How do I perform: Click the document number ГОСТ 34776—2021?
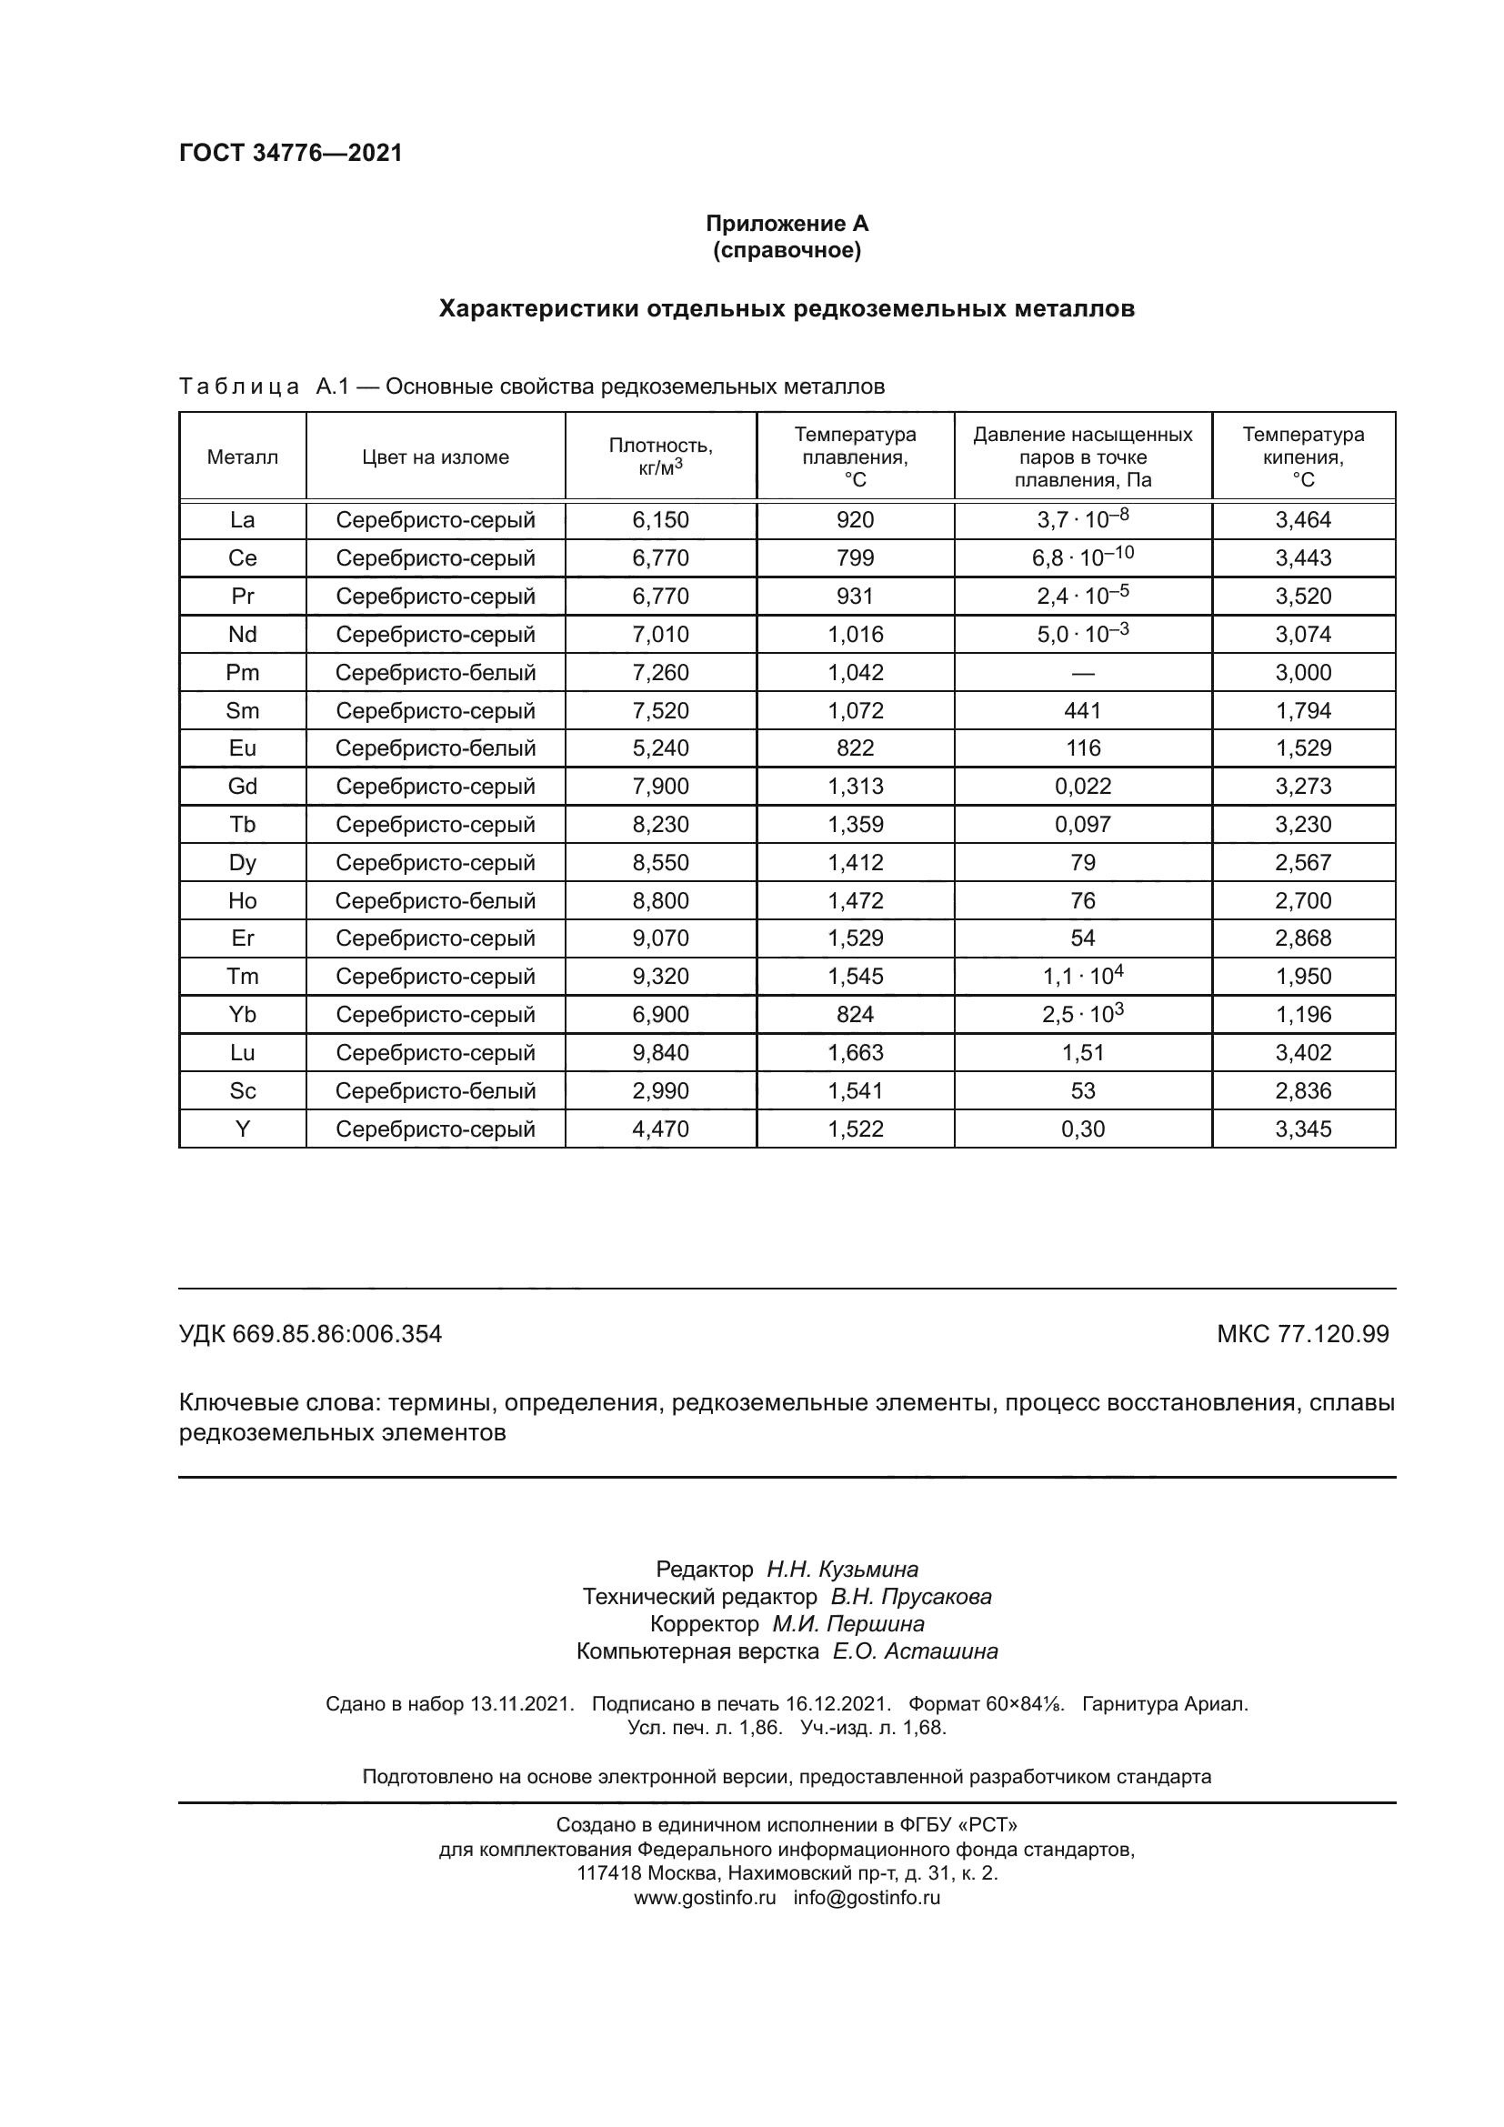(291, 154)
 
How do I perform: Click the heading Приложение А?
(787, 224)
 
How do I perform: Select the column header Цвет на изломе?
(436, 457)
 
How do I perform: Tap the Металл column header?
(243, 457)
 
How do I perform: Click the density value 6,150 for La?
(660, 520)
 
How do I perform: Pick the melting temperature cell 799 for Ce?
(855, 557)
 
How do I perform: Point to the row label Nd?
(243, 635)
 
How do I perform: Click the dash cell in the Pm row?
(1083, 673)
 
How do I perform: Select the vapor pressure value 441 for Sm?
(1083, 710)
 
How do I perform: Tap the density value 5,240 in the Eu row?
(660, 747)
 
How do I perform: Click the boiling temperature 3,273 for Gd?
(1303, 787)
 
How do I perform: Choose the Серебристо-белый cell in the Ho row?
(436, 900)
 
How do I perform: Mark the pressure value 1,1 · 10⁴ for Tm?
(1083, 976)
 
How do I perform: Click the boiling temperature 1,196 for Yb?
(1303, 1015)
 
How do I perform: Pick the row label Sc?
(243, 1090)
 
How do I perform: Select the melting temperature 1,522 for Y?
(855, 1129)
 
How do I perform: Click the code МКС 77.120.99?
(1302, 1334)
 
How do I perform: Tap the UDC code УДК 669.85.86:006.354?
(310, 1334)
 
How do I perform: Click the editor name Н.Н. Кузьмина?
(842, 1570)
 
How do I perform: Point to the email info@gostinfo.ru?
(866, 1897)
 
